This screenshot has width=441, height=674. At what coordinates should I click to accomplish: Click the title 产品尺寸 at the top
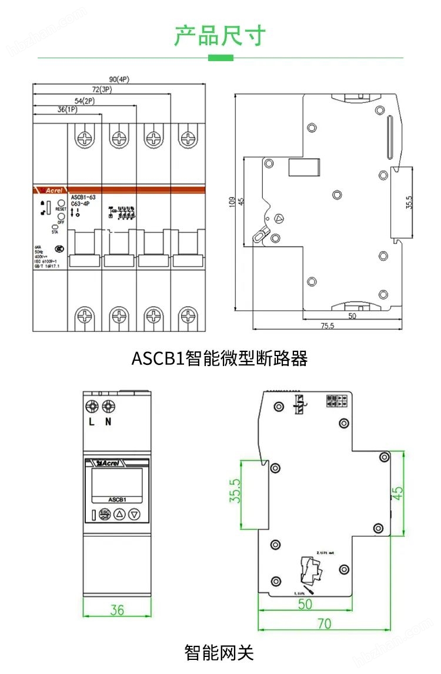220,36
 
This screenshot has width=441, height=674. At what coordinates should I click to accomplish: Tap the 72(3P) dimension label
102,89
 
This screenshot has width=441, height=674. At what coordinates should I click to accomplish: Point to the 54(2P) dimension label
85,100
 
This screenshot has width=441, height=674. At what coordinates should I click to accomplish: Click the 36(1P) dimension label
67,110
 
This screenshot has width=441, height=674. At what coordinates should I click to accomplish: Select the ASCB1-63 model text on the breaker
83,197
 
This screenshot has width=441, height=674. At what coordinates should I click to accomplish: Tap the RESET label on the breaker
61,209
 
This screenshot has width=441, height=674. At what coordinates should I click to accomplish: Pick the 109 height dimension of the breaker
232,202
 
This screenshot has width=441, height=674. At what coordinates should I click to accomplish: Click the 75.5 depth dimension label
327,326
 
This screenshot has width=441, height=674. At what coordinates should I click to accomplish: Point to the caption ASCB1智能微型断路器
219,358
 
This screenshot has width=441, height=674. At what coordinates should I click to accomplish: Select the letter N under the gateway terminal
108,422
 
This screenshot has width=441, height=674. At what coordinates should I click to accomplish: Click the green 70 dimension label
324,623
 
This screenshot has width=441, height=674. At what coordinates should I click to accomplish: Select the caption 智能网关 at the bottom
219,652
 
